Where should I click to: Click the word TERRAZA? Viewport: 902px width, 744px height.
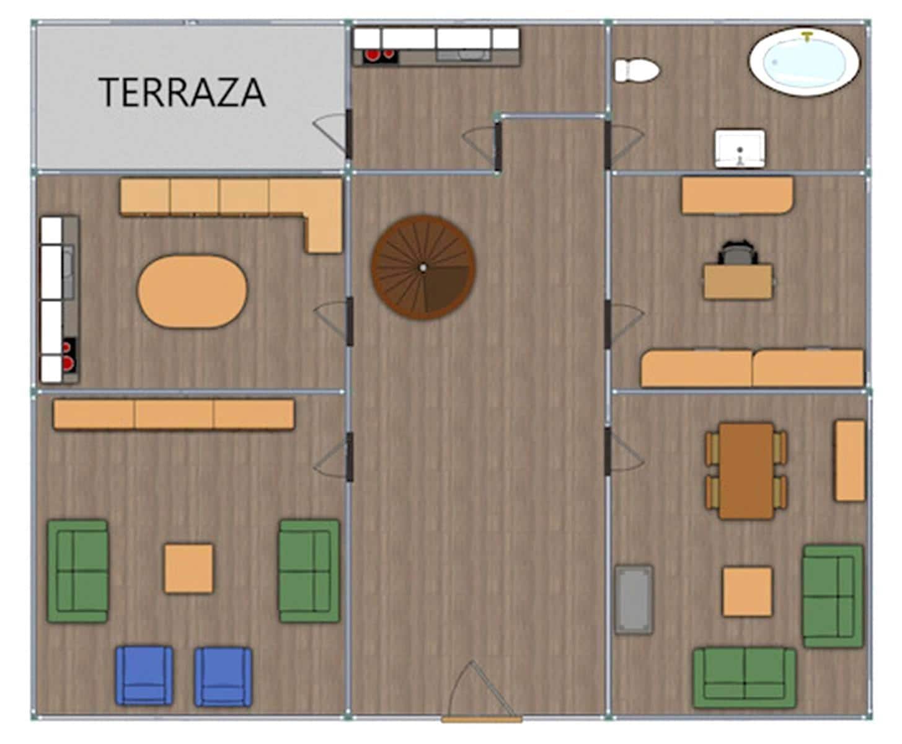coord(182,92)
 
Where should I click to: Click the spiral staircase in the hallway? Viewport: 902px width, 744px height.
coord(423,267)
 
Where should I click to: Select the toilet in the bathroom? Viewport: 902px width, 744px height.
coord(636,70)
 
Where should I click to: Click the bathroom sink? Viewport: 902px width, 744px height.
coord(740,148)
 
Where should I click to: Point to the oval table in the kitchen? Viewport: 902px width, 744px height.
coord(192,291)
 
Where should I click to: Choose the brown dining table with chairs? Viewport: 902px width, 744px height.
coord(746,471)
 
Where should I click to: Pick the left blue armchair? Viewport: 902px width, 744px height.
coord(144,675)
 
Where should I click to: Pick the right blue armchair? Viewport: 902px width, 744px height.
coord(223,676)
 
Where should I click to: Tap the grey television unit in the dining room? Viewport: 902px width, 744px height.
coord(634,599)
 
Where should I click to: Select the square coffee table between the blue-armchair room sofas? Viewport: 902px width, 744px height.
coord(188,569)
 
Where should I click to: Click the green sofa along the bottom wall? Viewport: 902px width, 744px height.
coord(745,677)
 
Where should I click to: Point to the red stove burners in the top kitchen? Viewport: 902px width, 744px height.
coord(380,55)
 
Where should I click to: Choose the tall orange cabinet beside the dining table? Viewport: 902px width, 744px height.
coord(849,460)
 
